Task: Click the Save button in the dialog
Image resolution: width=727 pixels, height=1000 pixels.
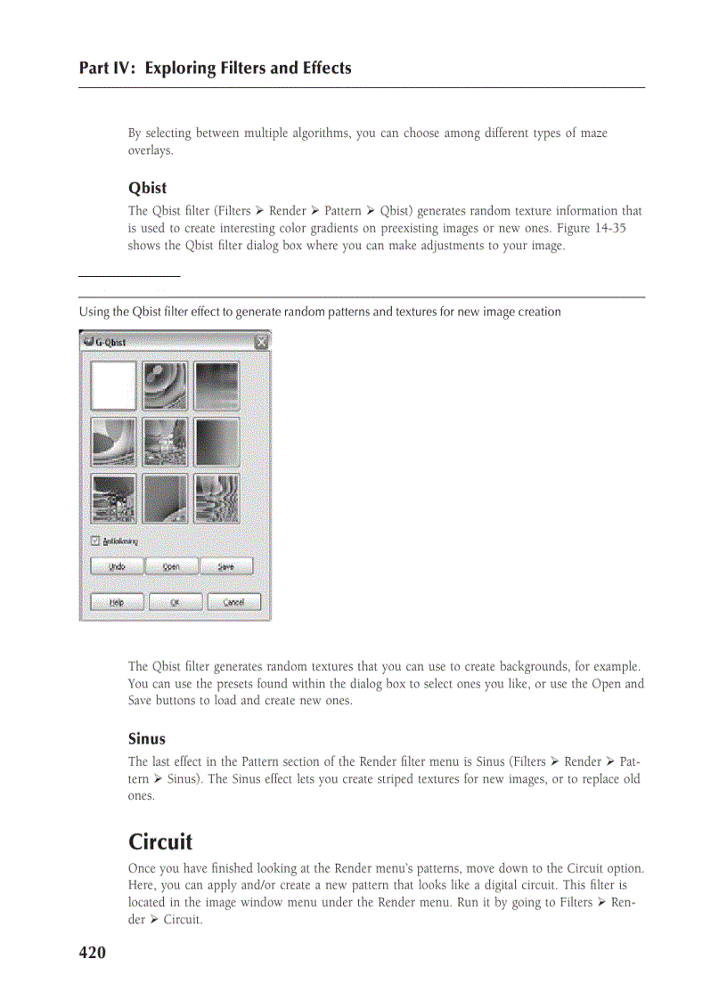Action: coord(226,566)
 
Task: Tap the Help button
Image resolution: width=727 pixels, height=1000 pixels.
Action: coord(116,602)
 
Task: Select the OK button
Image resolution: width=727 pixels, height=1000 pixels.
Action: coord(175,602)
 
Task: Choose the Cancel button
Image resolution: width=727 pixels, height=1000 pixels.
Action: coord(233,602)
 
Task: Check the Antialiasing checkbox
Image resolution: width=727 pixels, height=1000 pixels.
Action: coord(95,541)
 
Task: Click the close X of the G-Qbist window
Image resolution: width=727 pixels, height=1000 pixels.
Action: coord(261,342)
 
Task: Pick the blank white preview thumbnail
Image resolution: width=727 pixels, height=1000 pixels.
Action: coord(113,386)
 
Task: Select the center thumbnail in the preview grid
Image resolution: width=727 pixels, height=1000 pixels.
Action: coord(165,442)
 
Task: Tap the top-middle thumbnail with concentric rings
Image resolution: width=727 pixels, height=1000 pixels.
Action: coord(165,386)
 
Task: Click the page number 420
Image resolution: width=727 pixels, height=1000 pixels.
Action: coord(93,953)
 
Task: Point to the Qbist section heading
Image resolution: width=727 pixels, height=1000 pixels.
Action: coord(147,188)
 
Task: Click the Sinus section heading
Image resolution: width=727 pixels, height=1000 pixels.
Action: coord(147,738)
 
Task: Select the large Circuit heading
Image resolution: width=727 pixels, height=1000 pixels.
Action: coord(160,841)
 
